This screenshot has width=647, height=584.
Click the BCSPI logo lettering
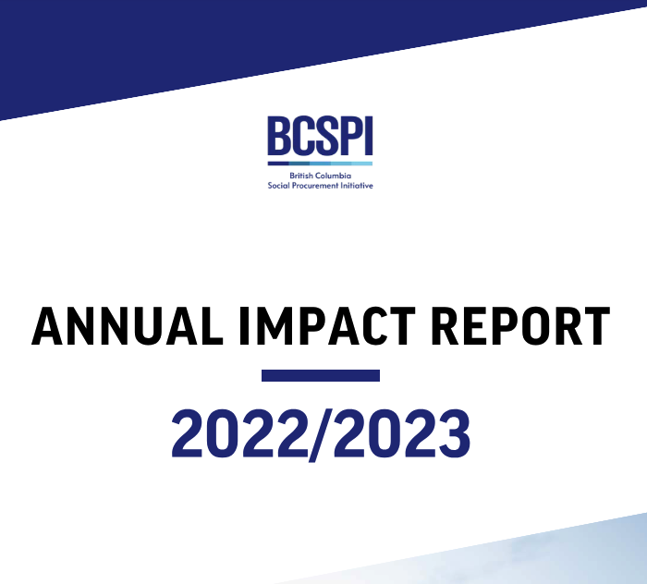click(x=320, y=135)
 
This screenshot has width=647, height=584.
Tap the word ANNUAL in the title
click(x=128, y=326)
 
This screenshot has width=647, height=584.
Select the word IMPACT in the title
click(x=327, y=326)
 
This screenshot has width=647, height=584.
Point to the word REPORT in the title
click(x=520, y=326)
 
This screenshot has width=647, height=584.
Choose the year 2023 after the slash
click(x=401, y=433)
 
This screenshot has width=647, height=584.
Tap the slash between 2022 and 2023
click(x=321, y=435)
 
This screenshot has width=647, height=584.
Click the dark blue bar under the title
click(x=321, y=375)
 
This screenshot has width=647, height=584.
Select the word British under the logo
click(x=301, y=176)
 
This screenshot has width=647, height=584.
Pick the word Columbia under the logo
click(x=334, y=176)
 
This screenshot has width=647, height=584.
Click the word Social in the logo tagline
click(x=278, y=186)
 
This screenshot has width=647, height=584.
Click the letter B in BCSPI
click(x=278, y=135)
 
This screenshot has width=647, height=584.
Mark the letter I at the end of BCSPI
click(x=369, y=135)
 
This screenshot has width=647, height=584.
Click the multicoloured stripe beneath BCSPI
click(x=320, y=164)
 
